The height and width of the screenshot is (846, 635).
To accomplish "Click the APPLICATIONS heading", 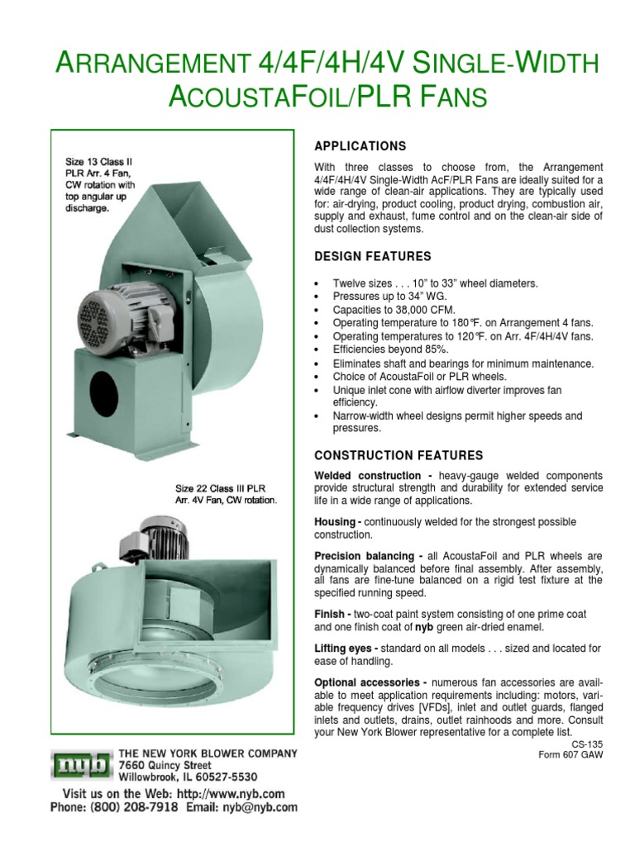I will click(x=360, y=146).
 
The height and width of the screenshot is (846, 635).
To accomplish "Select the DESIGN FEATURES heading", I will click(x=373, y=257).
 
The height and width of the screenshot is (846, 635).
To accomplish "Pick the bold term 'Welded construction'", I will click(x=368, y=477).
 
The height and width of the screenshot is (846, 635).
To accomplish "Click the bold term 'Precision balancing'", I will click(x=365, y=556).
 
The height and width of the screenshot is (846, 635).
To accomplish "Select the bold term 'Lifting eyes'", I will click(x=346, y=649).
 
